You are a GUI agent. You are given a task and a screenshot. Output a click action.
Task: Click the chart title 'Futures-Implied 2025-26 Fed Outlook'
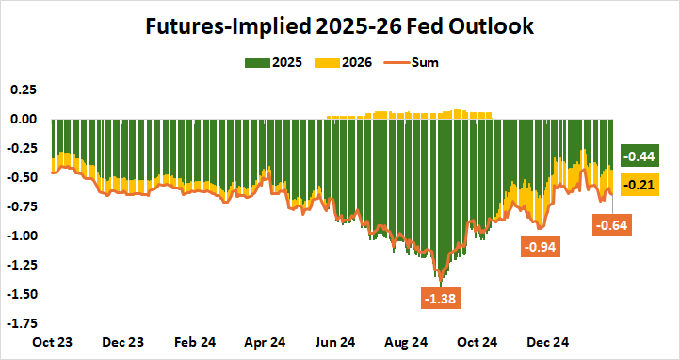[x=340, y=26]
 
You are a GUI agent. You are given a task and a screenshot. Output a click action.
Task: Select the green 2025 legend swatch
[x=257, y=63]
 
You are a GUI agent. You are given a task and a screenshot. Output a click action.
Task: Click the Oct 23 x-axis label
[x=53, y=342]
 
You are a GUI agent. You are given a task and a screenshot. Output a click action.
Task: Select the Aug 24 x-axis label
[x=406, y=342]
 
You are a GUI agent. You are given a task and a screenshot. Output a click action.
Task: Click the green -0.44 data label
[x=639, y=156]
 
